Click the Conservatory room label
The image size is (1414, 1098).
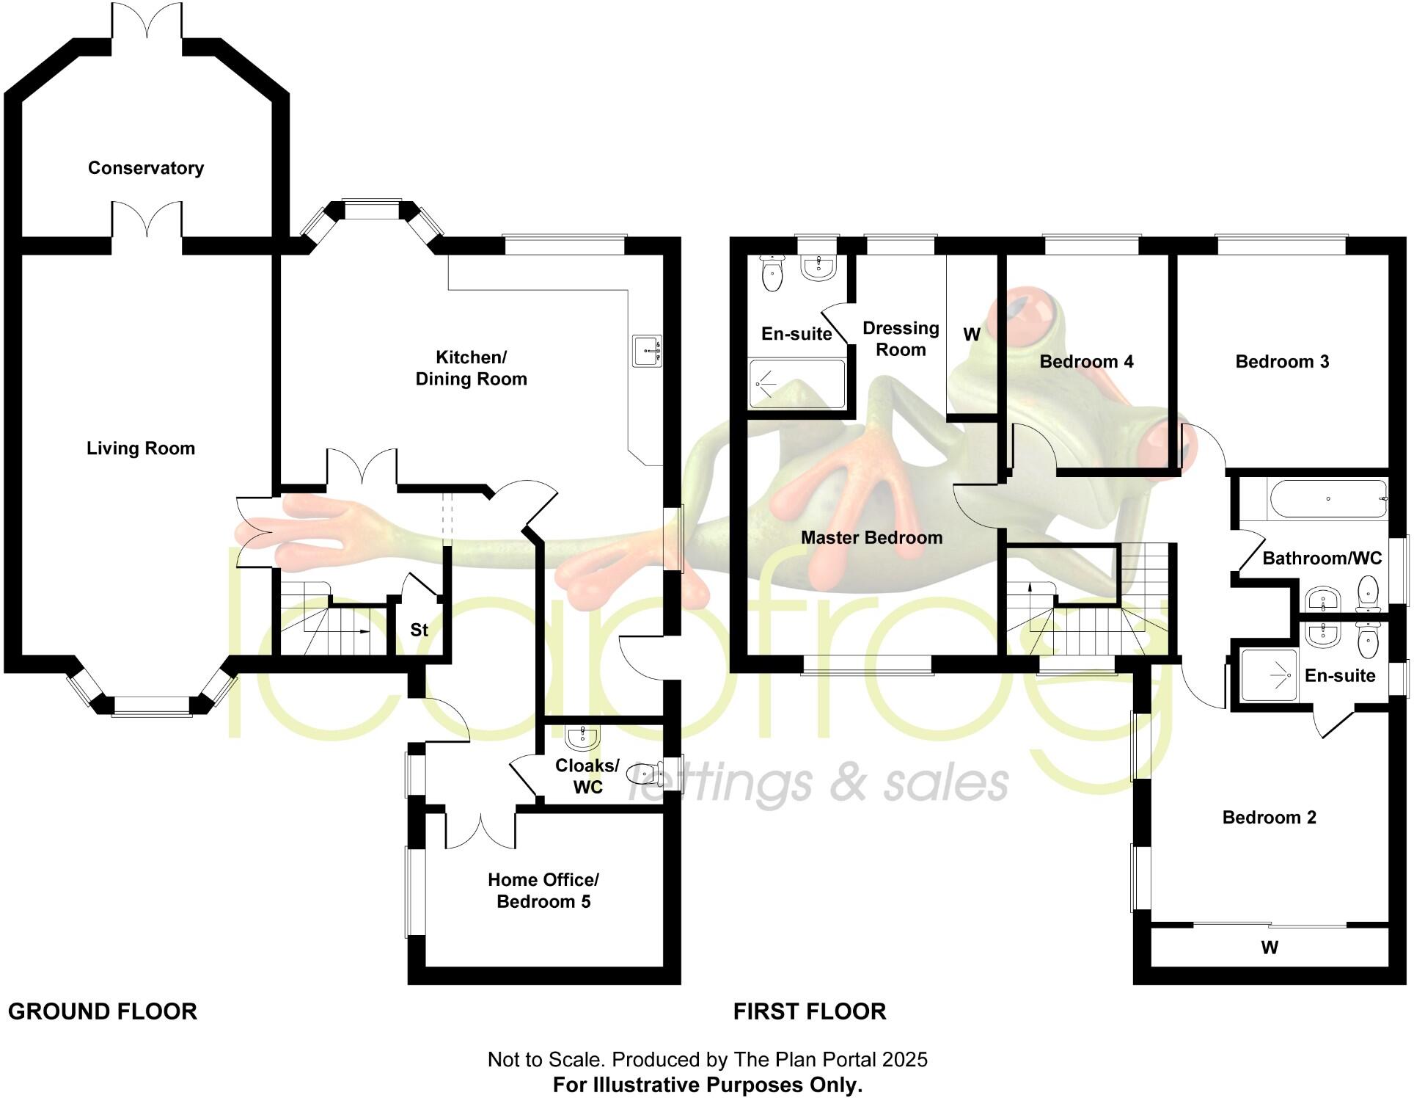pos(146,168)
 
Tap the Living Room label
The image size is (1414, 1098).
pos(141,448)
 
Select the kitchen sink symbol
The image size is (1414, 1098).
pos(647,352)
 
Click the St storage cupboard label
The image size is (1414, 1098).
pos(419,630)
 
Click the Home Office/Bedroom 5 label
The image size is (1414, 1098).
pos(543,890)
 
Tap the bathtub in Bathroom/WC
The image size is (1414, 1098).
pos(1327,499)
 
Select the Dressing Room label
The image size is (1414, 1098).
pos(901,338)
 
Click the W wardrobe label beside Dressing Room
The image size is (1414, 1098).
pos(972,335)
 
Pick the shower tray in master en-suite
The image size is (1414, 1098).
pos(796,383)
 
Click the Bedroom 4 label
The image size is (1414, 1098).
pos(1086,362)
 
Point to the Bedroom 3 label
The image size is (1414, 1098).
pos(1282,362)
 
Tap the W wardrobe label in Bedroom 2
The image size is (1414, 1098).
pos(1270,948)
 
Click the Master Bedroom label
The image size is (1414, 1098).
pos(871,538)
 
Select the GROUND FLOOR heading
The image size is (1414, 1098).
pos(103,1011)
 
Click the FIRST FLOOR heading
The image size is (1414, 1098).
pos(810,1011)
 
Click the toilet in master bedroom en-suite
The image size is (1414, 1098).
pos(772,274)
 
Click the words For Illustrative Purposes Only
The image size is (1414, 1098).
pos(708,1085)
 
